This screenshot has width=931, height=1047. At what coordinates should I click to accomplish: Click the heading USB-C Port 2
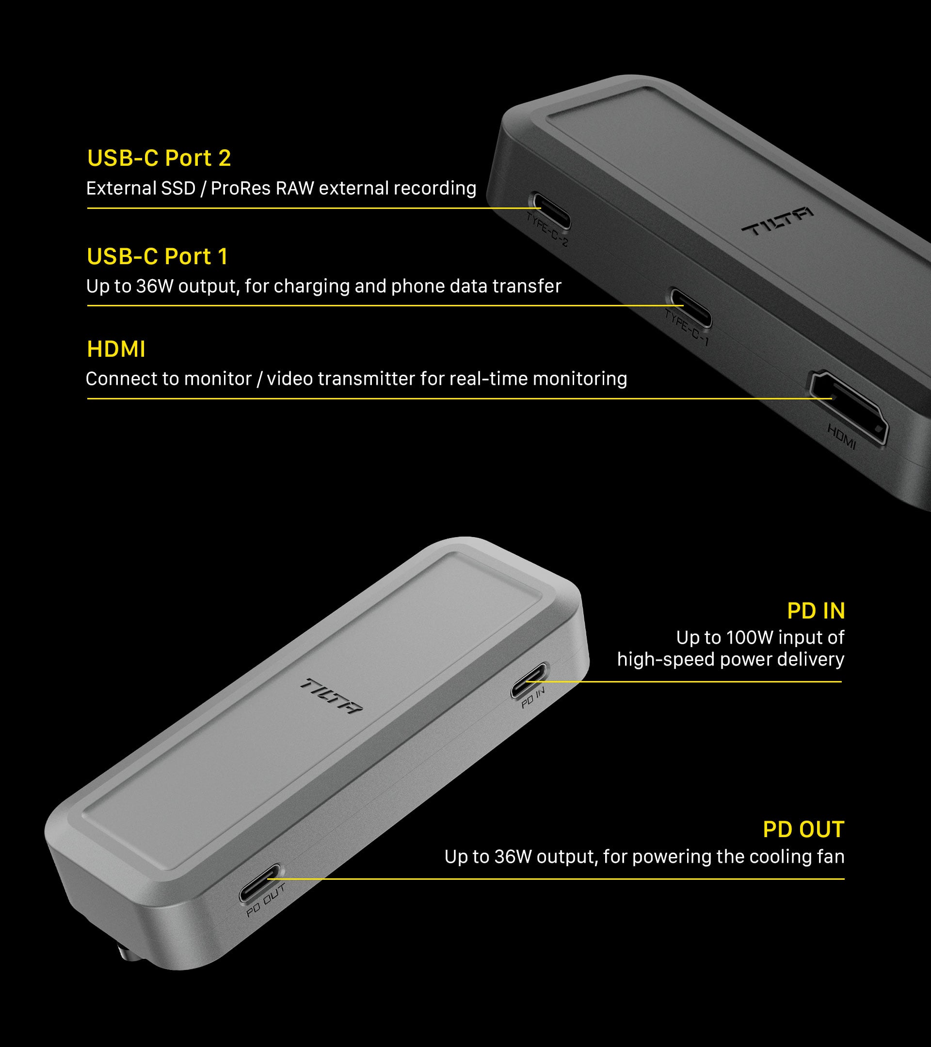click(x=159, y=158)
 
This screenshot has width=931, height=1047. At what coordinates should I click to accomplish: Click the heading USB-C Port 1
click(x=157, y=256)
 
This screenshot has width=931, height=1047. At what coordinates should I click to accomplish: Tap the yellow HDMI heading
click(x=116, y=349)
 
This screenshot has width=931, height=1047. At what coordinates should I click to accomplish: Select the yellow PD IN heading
click(x=816, y=611)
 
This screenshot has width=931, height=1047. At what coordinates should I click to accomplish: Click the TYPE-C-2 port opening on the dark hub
click(x=550, y=210)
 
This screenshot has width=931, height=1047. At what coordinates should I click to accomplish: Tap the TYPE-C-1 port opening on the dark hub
click(x=691, y=307)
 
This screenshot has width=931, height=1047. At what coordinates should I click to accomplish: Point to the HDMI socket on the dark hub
click(x=848, y=407)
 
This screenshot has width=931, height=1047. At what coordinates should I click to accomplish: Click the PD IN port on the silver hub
click(x=530, y=680)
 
